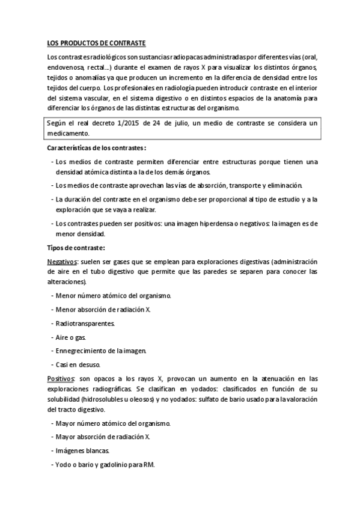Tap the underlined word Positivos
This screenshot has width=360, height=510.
point(61,378)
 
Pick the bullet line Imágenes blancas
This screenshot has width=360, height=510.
point(82,450)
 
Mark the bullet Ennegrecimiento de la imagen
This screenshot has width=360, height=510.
point(100,351)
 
